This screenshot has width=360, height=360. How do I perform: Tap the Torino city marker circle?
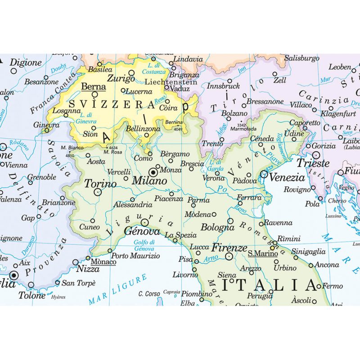click(x=97, y=192)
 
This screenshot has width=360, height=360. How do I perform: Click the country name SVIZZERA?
click(x=112, y=105)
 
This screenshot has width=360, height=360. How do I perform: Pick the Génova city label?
click(x=142, y=232)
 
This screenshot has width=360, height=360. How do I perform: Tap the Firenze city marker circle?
click(x=229, y=256)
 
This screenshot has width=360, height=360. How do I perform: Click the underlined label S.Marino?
click(x=258, y=253)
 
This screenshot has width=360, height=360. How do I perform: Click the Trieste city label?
click(x=314, y=163)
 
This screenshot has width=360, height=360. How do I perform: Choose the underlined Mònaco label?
click(x=103, y=261)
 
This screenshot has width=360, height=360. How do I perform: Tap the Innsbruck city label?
click(x=224, y=86)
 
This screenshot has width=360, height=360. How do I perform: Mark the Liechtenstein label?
click(x=171, y=82)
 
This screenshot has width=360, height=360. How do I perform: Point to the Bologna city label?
click(x=217, y=227)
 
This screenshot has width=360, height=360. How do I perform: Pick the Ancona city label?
click(x=327, y=265)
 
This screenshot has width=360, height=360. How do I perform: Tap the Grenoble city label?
click(x=41, y=177)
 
